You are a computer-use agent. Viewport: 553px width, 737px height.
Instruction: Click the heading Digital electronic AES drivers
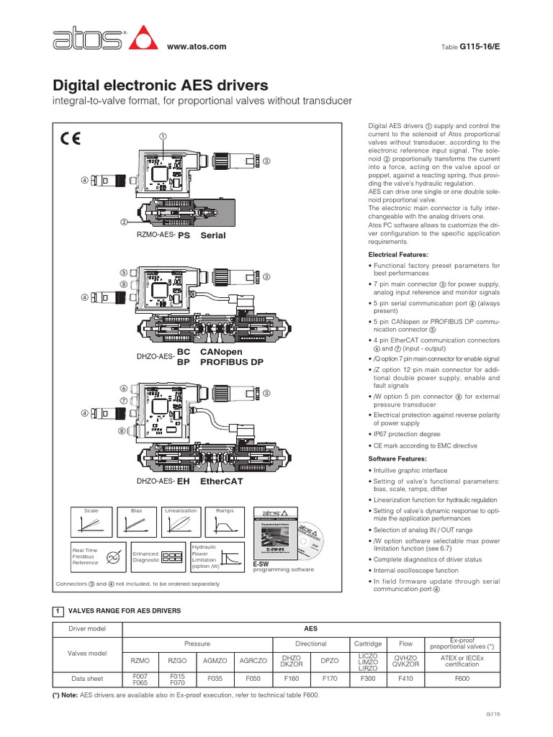coord(161,86)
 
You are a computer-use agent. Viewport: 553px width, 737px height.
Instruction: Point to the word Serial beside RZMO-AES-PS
coord(213,235)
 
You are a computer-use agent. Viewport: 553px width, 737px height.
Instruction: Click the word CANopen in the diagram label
coord(222,351)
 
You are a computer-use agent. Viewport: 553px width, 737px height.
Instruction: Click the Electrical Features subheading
coord(398,255)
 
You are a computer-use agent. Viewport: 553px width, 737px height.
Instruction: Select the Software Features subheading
coord(397,458)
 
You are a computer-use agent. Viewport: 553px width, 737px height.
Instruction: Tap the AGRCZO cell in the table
coord(253,659)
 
